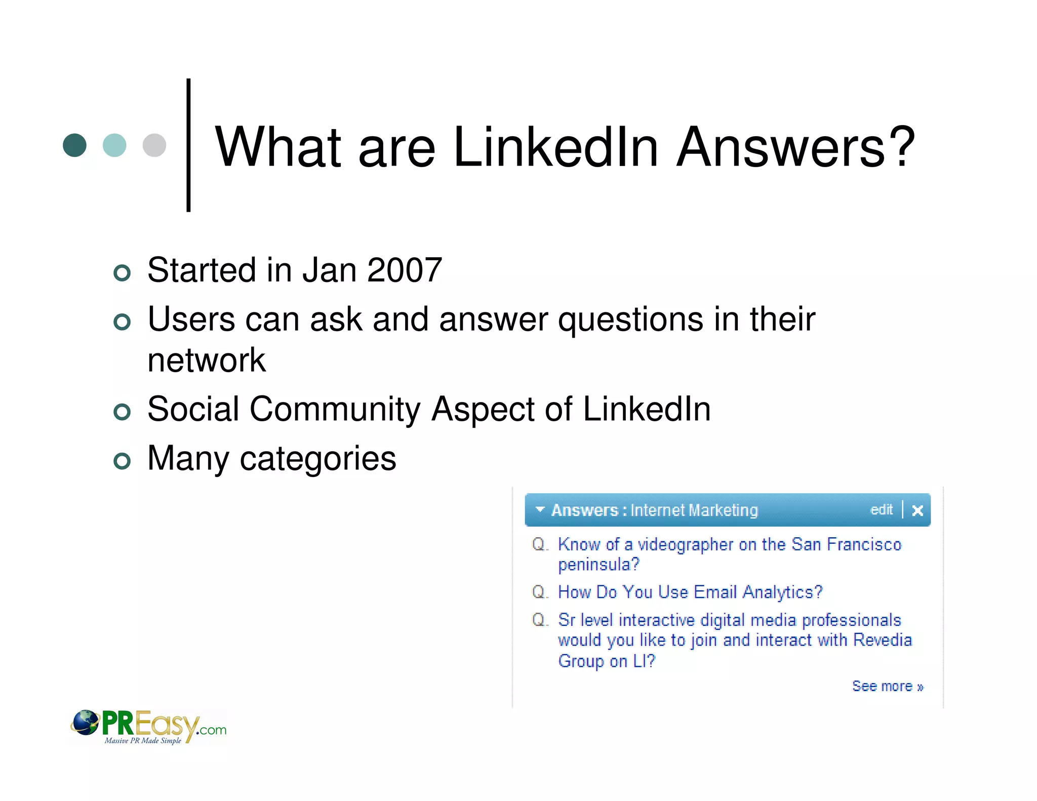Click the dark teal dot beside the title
(74, 145)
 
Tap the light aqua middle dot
(114, 145)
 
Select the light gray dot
(154, 145)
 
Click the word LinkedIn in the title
(555, 147)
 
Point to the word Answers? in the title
(795, 147)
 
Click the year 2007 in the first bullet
(405, 270)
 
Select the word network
(206, 361)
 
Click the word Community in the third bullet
(335, 409)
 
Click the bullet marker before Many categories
(122, 461)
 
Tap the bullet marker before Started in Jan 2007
(122, 273)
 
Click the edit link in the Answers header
(881, 509)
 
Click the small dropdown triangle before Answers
(540, 509)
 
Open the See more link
(887, 687)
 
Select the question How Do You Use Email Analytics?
(690, 592)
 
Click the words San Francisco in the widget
(846, 544)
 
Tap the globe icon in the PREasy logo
(85, 723)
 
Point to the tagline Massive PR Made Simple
(143, 741)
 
